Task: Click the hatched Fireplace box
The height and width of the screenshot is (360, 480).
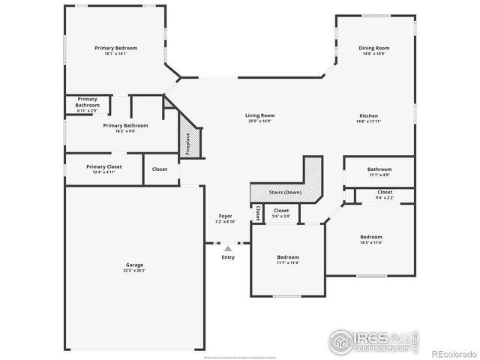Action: click(x=188, y=143)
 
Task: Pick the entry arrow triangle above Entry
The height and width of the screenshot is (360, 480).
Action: click(x=228, y=248)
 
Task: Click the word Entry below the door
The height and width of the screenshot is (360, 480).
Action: click(x=228, y=257)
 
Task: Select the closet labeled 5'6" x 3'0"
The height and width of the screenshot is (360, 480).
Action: click(x=281, y=213)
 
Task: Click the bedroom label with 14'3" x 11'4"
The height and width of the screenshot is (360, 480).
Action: click(x=370, y=239)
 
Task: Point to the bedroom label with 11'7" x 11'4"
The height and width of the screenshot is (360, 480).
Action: click(x=287, y=259)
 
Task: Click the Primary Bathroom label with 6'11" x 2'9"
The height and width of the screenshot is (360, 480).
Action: click(x=87, y=102)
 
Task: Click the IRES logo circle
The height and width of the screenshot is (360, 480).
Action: click(x=341, y=342)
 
